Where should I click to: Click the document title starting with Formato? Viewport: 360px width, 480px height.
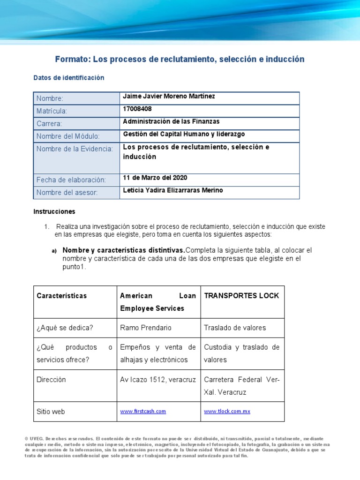tap(180, 59)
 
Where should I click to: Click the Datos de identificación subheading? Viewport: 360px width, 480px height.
tap(69, 78)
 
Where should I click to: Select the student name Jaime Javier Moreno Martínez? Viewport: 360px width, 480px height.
tap(162, 96)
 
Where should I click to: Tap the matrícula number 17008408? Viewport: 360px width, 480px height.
tap(137, 109)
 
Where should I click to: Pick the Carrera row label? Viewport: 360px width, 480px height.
tap(49, 124)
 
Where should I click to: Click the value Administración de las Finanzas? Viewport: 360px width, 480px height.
tap(171, 121)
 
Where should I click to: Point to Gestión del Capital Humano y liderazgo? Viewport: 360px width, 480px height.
tap(184, 134)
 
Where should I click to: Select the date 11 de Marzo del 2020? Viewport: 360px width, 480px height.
tap(155, 178)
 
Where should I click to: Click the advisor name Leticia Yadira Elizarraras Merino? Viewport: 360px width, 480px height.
tap(173, 190)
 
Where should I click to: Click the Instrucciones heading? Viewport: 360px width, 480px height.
tap(54, 211)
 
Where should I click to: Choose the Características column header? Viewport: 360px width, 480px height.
tap(62, 296)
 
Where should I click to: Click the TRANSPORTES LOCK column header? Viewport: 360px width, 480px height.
tap(241, 296)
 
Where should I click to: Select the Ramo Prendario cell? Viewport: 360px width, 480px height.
tap(146, 328)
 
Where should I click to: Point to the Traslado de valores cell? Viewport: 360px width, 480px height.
tap(235, 328)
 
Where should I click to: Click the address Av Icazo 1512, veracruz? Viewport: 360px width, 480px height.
tap(158, 379)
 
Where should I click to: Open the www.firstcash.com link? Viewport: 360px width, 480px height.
tap(143, 412)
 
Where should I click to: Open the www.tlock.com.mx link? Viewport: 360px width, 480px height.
tap(227, 412)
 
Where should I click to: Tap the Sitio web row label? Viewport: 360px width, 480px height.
tap(51, 412)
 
